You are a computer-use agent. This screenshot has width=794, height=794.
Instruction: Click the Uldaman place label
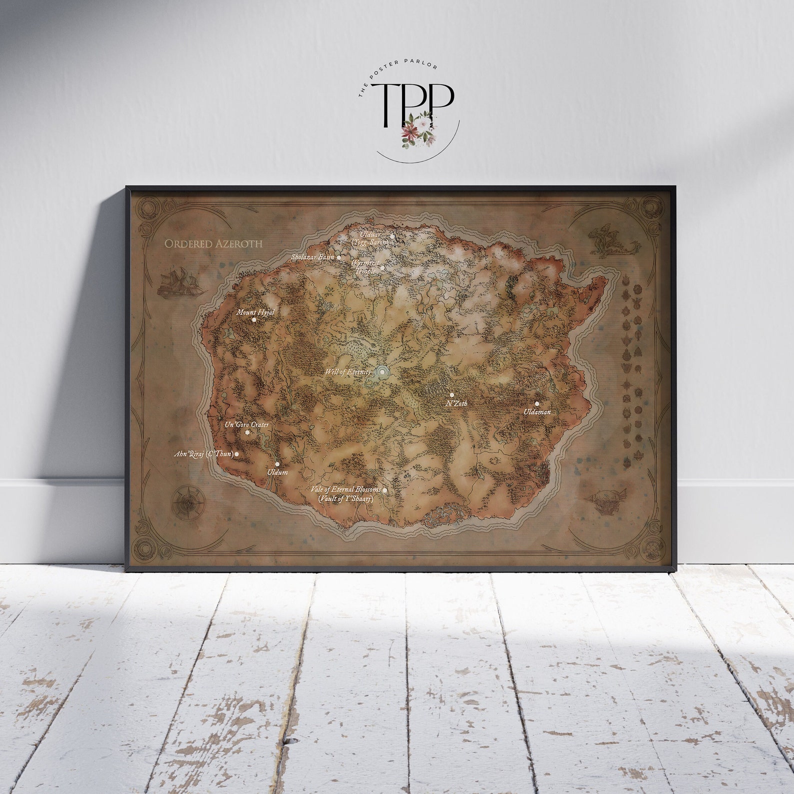pyautogui.click(x=537, y=411)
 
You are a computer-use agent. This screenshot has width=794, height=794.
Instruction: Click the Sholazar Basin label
pyautogui.click(x=312, y=257)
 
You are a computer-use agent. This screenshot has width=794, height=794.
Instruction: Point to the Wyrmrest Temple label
pyautogui.click(x=364, y=266)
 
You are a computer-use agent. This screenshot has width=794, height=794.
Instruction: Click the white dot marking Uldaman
pyautogui.click(x=537, y=403)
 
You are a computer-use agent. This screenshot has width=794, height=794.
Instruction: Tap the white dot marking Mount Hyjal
pyautogui.click(x=254, y=319)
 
